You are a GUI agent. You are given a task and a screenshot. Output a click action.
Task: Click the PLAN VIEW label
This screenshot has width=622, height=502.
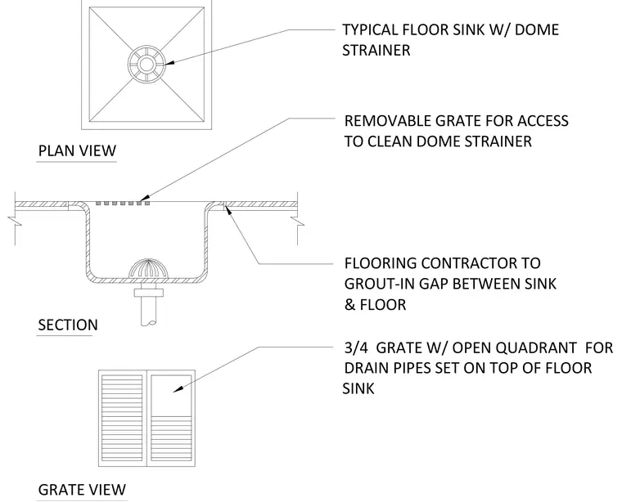point(77,150)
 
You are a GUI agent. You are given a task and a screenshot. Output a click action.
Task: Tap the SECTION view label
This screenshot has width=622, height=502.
point(68,325)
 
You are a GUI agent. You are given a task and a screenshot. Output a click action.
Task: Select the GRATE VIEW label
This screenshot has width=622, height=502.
point(82,490)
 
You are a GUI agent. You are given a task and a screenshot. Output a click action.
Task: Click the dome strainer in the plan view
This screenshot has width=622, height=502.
point(146,64)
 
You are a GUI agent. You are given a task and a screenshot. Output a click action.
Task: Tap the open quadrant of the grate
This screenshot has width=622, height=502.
point(171,395)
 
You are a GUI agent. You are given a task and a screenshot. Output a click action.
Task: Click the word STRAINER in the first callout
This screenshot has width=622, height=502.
point(376,51)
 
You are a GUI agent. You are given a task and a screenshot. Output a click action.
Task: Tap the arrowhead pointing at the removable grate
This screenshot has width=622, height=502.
point(144,197)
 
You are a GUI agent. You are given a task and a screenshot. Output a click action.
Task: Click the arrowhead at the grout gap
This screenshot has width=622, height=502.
point(228,209)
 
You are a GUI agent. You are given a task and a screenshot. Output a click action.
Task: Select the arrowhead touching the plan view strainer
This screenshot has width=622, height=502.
point(169,63)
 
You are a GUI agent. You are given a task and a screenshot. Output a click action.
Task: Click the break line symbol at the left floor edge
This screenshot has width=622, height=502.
point(15,221)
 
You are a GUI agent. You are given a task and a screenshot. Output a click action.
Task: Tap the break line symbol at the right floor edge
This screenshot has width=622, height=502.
point(298,221)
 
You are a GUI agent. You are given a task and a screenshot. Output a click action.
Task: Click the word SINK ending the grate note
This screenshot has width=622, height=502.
point(358,388)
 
